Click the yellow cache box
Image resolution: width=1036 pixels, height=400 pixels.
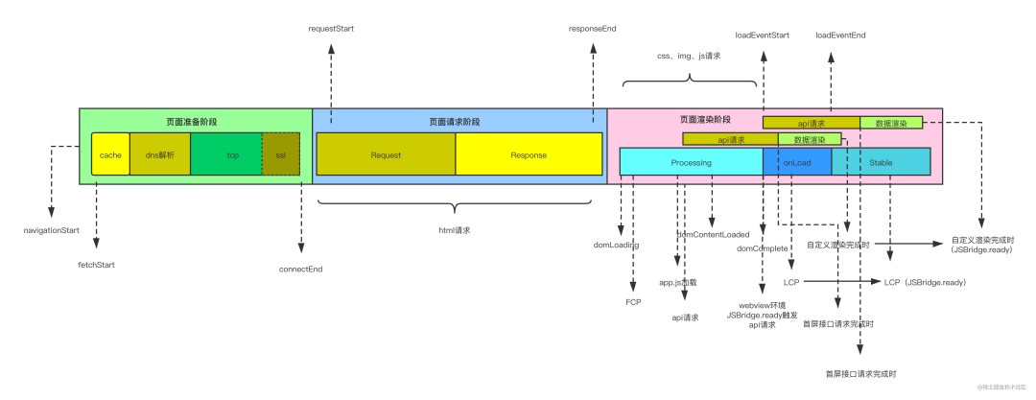click(110, 154)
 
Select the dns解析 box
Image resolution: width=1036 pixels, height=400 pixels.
click(159, 154)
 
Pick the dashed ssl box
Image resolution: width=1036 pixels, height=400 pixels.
click(281, 154)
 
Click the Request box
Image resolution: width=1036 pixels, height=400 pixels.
click(386, 154)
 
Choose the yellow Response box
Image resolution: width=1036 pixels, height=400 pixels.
click(529, 154)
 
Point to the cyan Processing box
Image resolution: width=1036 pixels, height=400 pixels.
click(691, 162)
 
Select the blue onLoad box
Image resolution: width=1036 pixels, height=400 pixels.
click(797, 162)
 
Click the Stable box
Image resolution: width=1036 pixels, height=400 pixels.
click(881, 162)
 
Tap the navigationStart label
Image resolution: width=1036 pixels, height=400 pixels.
click(52, 231)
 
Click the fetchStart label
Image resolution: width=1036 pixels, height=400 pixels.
click(97, 264)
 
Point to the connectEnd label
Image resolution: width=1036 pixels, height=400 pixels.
click(300, 269)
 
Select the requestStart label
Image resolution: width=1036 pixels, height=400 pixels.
click(331, 30)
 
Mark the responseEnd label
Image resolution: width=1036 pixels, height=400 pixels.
click(592, 30)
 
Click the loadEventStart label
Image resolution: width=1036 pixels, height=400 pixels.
click(763, 35)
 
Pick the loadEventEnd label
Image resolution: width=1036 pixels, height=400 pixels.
click(841, 35)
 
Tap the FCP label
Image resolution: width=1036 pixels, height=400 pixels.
click(633, 301)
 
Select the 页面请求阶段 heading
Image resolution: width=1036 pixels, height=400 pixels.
click(455, 122)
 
